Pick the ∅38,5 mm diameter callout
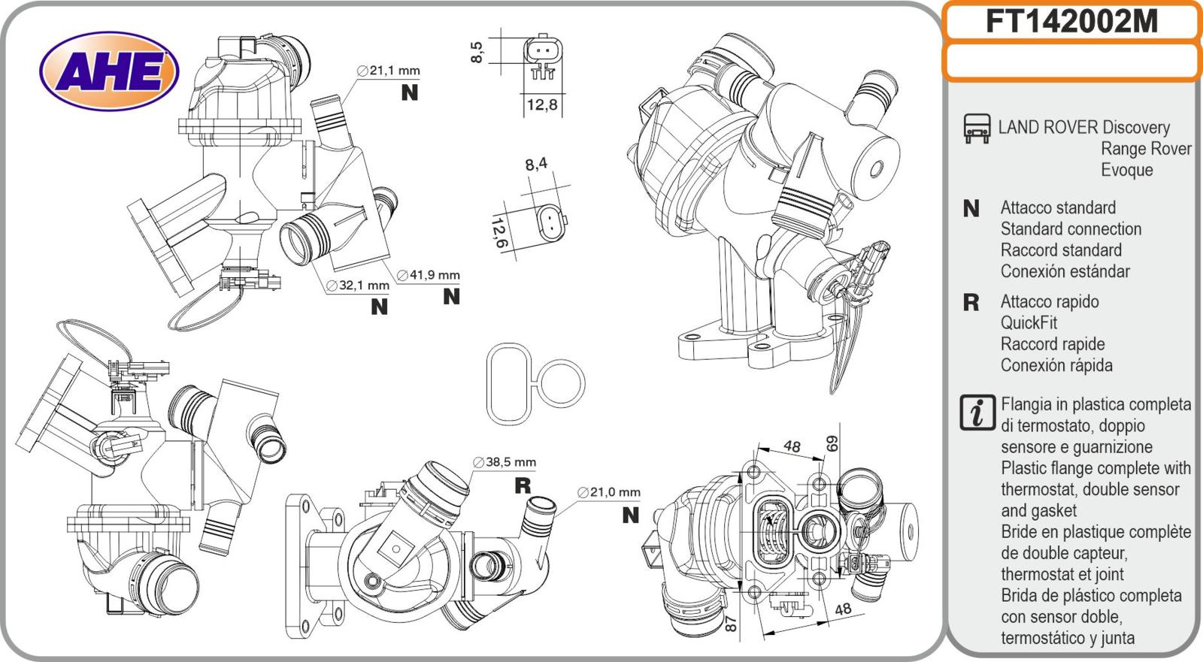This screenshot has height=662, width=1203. (505, 462)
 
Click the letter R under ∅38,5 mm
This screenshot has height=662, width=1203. (523, 485)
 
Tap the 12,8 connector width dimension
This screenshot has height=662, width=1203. (541, 104)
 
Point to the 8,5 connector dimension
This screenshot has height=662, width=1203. (477, 51)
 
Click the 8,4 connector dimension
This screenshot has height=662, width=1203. (536, 163)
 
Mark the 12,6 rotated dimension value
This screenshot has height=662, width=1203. (498, 233)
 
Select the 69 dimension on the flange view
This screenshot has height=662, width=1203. (832, 443)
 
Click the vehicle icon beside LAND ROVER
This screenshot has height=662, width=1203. (977, 128)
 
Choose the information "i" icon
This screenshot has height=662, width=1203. (977, 413)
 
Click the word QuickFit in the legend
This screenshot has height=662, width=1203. (1029, 323)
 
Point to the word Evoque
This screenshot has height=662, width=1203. (1126, 170)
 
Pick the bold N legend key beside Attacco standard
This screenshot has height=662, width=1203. (971, 208)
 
